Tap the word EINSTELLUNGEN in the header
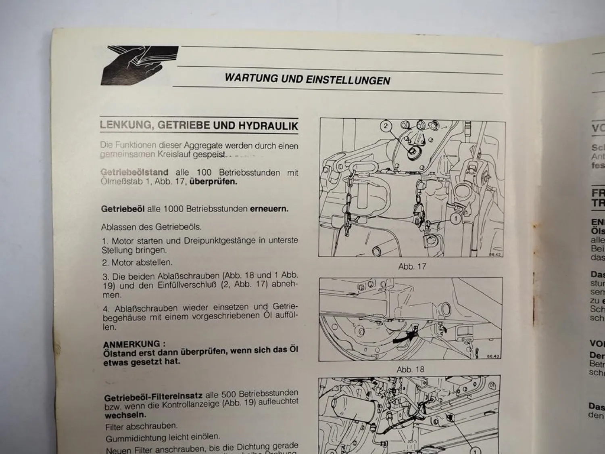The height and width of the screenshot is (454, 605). (348, 80)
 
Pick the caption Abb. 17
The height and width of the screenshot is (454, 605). (412, 266)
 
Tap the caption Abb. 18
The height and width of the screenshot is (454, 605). (411, 369)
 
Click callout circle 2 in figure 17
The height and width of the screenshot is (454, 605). (386, 126)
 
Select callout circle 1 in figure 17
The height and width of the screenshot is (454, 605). (456, 219)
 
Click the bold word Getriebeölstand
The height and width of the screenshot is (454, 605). (134, 172)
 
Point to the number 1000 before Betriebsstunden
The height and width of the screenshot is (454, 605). (177, 209)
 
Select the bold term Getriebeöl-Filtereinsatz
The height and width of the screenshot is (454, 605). (154, 397)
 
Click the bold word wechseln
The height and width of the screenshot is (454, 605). (125, 415)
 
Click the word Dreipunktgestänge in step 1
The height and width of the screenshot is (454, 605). (219, 241)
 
